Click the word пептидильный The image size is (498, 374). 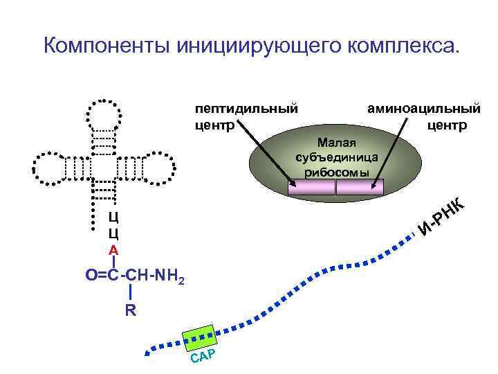[x=246, y=109]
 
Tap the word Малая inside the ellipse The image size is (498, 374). [x=336, y=143]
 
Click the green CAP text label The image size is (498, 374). [x=204, y=357]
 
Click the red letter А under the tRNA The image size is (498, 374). [x=113, y=250]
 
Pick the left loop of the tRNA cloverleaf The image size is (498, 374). [x=48, y=167]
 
